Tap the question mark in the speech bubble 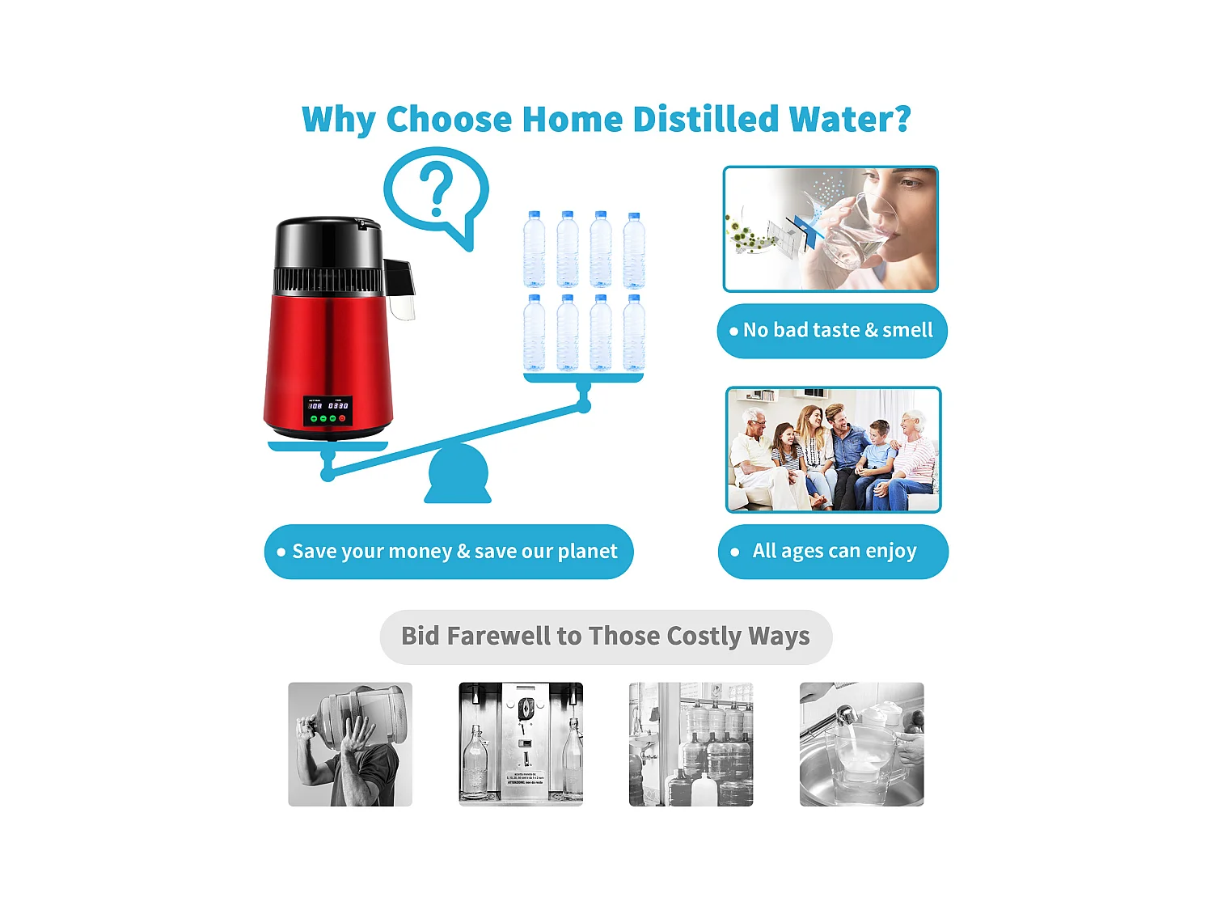437,189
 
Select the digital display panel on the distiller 328,410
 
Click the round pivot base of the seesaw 458,476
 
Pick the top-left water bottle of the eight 534,249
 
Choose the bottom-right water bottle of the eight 634,332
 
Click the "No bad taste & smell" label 832,331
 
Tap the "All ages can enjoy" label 833,552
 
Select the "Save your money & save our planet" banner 449,552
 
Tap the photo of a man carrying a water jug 350,744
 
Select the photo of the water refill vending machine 521,744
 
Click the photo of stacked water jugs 691,744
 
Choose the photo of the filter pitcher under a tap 861,744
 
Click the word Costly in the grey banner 704,637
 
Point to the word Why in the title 338,120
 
